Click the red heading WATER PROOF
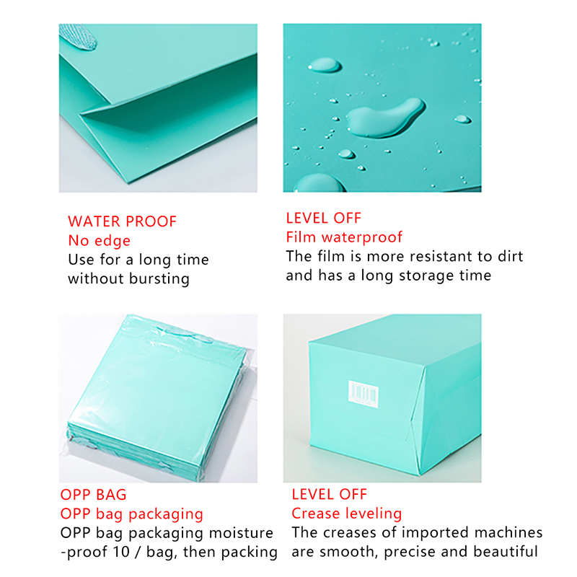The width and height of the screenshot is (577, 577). point(122,221)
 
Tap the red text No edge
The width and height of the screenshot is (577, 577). point(99,240)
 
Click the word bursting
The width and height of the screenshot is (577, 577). point(159,278)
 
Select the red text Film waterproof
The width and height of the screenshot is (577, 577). point(344,237)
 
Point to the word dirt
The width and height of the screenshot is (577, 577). point(511,256)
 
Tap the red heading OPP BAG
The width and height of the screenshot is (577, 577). point(93,495)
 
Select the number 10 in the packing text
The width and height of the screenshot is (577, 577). point(121,552)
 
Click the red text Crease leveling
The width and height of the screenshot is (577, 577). point(347,514)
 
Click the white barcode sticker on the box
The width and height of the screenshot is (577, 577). point(364,394)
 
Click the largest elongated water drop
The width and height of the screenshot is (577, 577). point(386,118)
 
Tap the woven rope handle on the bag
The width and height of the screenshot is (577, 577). point(78,37)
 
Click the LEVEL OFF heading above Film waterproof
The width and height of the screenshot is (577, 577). point(323,219)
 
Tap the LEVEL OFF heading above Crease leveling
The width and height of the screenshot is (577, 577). point(330,494)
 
